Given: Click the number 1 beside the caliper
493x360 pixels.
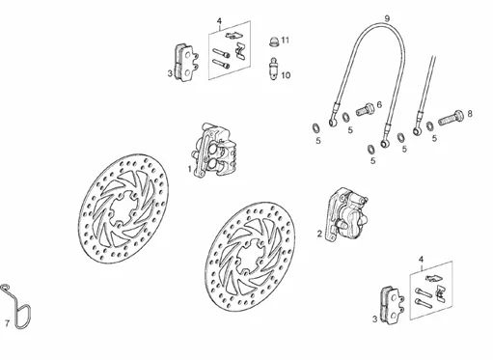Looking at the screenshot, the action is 190,169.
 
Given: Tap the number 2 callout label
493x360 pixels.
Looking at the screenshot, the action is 319,234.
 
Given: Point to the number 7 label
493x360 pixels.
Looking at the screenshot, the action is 7,323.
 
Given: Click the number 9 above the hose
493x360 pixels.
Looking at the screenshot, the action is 387,18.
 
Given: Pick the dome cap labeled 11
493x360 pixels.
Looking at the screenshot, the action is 273,42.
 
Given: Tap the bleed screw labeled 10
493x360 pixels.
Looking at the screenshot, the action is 273,69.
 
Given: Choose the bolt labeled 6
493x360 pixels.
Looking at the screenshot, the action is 365,109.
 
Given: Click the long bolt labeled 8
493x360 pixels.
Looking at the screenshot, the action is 451,118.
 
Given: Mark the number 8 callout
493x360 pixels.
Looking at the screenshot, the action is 470,114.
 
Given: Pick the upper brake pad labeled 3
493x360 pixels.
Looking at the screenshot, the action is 186,63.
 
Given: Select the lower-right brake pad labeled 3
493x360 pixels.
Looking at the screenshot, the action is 392,304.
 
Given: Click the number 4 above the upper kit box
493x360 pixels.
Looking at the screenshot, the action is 219,21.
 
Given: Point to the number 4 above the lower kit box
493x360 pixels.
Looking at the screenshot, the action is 422,260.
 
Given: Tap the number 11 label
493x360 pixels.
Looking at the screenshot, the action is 286,41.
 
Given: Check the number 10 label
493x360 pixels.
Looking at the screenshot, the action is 286,75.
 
